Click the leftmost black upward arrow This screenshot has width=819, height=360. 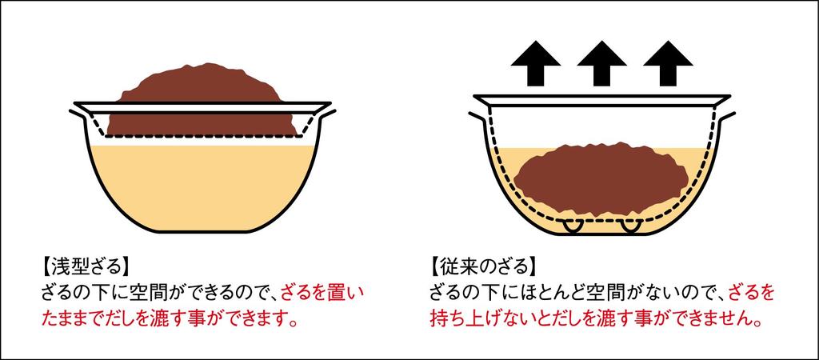click(x=536, y=64)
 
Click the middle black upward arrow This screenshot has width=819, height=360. click(x=601, y=64)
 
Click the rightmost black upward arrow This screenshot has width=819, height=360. click(x=668, y=64)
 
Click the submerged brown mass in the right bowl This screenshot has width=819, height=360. click(x=601, y=178)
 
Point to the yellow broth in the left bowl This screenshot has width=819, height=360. click(x=202, y=187)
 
